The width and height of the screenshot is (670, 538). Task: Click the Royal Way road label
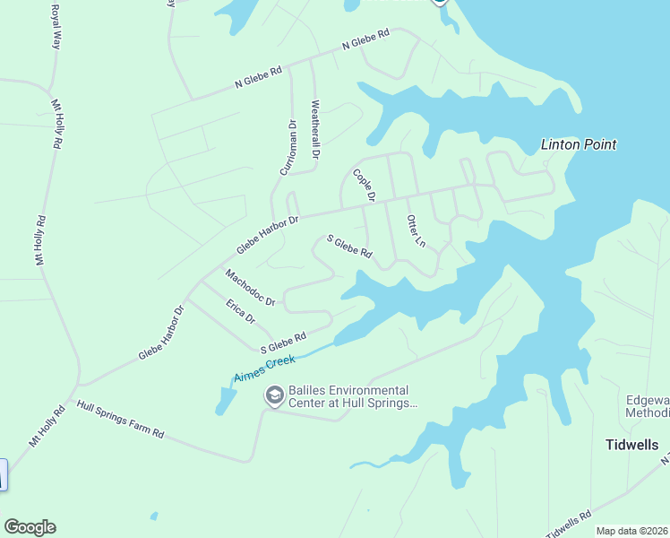(56, 28)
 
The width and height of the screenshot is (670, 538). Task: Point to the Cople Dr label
(364, 184)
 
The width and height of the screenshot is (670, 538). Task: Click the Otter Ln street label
(415, 230)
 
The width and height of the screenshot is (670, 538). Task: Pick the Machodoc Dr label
(250, 287)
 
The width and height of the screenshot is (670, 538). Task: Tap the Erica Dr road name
(241, 311)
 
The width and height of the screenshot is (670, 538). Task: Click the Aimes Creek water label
(264, 368)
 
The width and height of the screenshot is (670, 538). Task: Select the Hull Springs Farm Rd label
(121, 419)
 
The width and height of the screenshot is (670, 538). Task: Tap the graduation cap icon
(273, 395)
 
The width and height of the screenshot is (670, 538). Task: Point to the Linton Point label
(579, 144)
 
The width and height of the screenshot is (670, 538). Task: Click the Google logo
(30, 527)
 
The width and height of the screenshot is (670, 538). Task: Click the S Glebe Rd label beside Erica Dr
(283, 342)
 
